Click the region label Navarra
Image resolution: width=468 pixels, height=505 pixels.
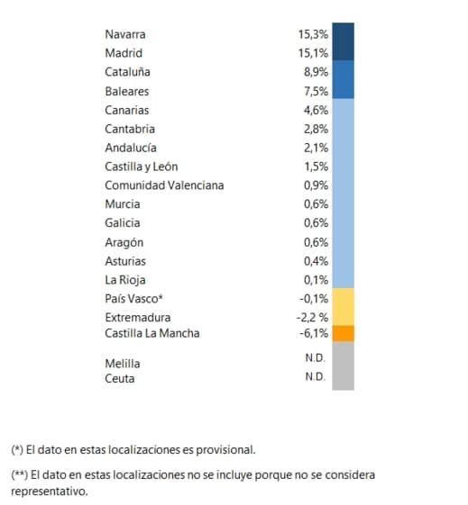click(125, 34)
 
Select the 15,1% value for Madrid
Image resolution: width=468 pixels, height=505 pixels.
click(313, 53)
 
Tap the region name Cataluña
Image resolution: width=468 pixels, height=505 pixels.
click(127, 72)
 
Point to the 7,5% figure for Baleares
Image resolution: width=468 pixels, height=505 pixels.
click(316, 91)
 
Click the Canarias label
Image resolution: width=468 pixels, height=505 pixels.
click(127, 110)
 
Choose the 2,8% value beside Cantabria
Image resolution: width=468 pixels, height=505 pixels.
click(316, 129)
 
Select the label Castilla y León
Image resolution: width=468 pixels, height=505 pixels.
click(142, 167)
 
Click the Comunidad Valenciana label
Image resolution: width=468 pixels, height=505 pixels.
click(164, 185)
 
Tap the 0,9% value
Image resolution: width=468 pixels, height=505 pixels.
click(316, 185)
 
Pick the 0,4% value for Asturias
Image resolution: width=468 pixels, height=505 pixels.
click(316, 261)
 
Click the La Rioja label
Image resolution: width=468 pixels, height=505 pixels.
click(125, 280)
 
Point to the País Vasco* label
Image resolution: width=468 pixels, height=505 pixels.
click(133, 299)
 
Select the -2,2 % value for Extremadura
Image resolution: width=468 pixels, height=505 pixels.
click(312, 318)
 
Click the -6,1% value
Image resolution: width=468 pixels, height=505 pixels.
click(314, 333)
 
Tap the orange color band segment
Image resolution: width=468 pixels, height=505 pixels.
click(344, 333)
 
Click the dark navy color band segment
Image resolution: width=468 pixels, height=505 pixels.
click(344, 41)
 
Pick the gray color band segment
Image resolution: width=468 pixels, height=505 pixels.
click(344, 365)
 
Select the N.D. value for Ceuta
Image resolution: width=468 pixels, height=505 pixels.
click(315, 376)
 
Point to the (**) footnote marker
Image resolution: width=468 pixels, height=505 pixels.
click(19, 475)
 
